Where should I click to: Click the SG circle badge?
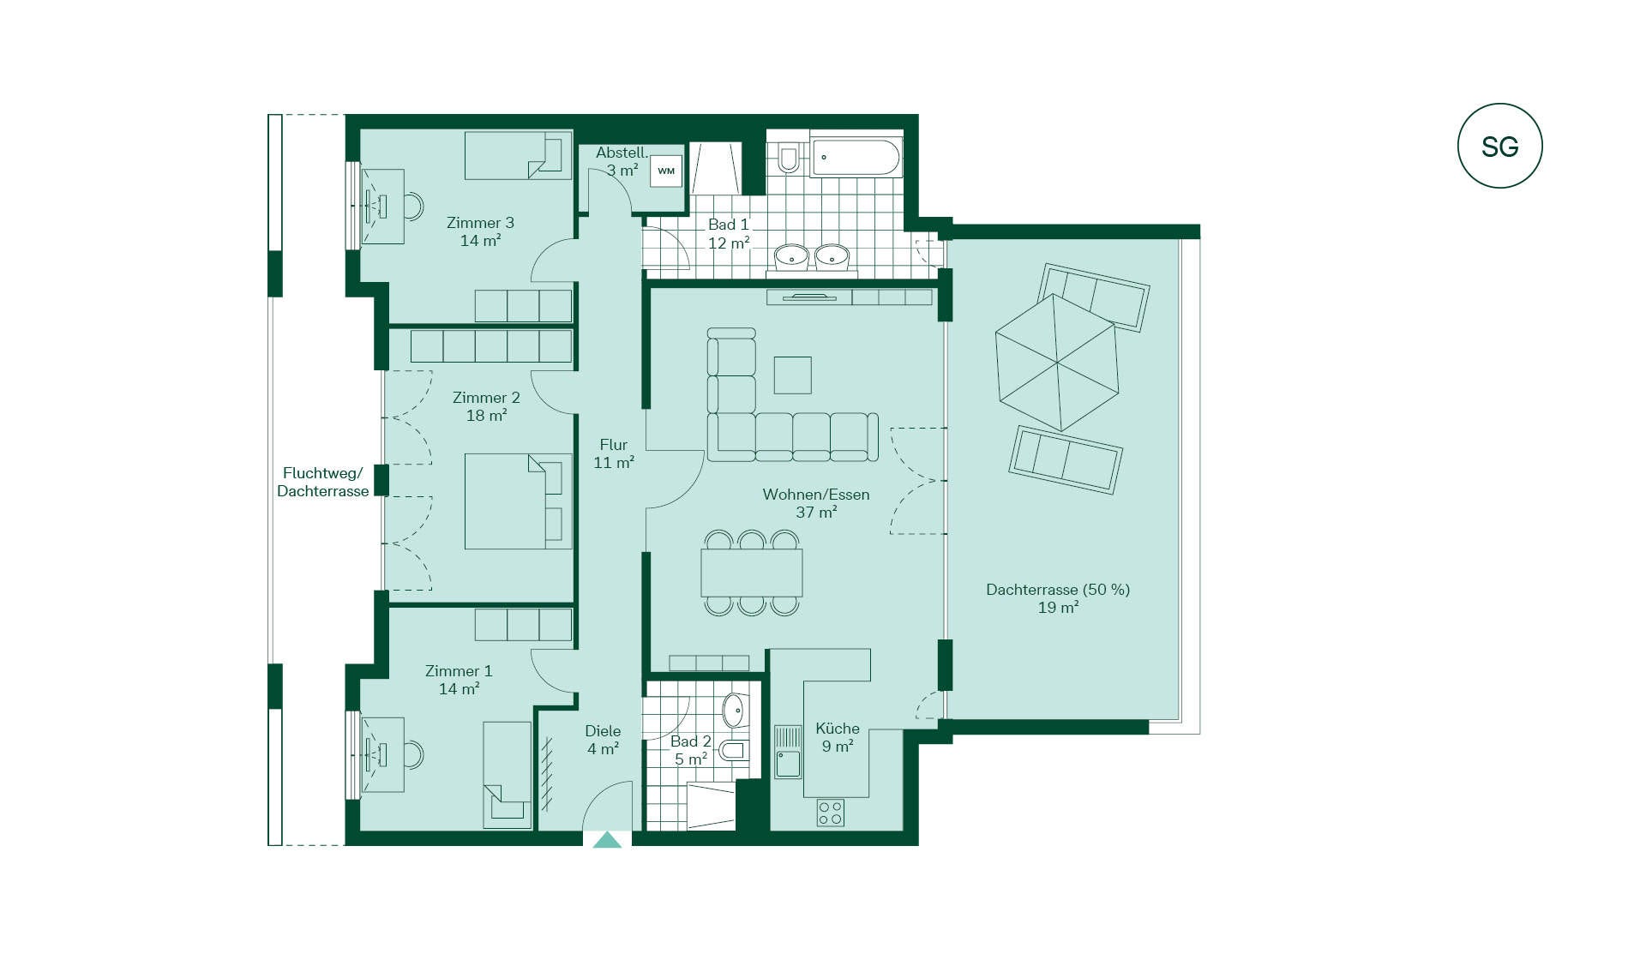(x=1499, y=146)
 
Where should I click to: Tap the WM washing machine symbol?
(x=666, y=171)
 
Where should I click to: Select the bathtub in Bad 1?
(x=856, y=158)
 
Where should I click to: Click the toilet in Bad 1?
(x=788, y=158)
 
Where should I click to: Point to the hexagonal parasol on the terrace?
(x=1058, y=362)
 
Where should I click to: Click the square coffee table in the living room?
(x=792, y=375)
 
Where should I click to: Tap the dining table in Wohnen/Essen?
(x=752, y=573)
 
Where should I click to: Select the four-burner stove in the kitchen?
(x=830, y=813)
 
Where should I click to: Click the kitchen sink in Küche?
(x=788, y=752)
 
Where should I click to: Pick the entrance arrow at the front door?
(x=608, y=840)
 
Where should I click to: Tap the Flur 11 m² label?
(x=614, y=453)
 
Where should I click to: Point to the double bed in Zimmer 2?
(x=518, y=501)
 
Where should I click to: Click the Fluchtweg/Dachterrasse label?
(x=323, y=482)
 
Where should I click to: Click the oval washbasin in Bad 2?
(x=733, y=710)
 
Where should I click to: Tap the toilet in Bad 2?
(x=734, y=751)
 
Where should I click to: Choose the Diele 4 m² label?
(x=603, y=740)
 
